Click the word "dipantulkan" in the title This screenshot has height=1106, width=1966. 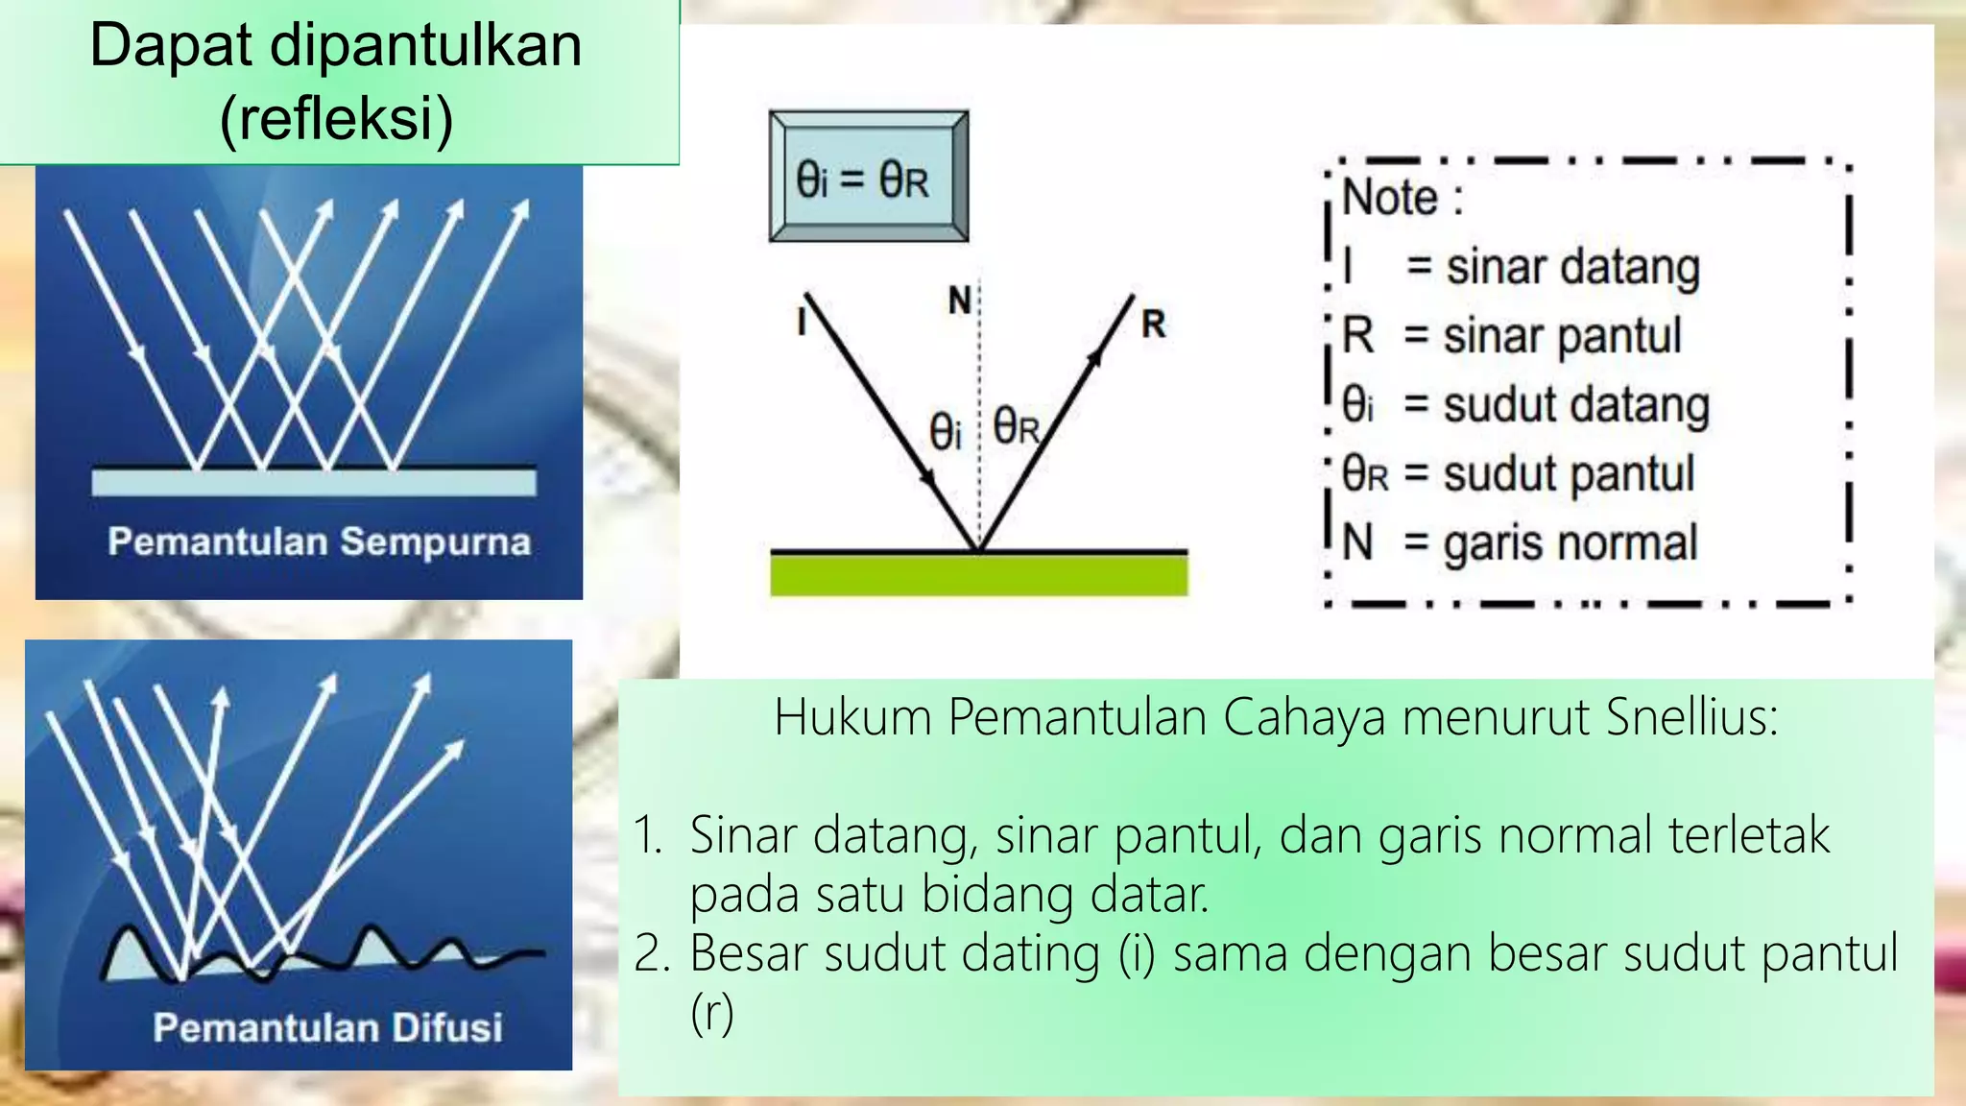tap(425, 46)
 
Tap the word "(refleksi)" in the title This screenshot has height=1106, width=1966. tap(336, 119)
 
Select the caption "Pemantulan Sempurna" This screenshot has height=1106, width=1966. tap(319, 541)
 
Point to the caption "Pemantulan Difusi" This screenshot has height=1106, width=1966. tap(327, 1027)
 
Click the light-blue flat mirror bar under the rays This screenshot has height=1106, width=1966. tap(313, 482)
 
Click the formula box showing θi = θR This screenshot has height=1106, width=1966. tap(868, 178)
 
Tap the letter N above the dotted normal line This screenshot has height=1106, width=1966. tap(959, 301)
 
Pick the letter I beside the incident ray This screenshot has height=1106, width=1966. tap(801, 321)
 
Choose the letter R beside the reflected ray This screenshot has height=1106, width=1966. tap(1153, 325)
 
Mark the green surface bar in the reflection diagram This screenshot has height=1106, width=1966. tap(978, 575)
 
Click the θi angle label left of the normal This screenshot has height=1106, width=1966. tap(945, 431)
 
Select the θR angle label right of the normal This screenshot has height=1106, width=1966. tap(1017, 426)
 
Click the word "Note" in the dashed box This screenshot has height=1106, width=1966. tap(1389, 198)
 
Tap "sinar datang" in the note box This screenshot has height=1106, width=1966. tap(1572, 267)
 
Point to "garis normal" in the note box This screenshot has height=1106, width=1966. tap(1570, 542)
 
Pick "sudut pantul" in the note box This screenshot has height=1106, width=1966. tap(1569, 474)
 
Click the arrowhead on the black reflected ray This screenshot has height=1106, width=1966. tap(1094, 358)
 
